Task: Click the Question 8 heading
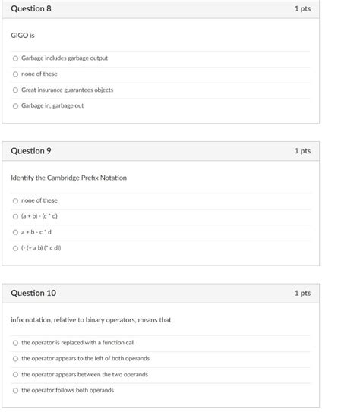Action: coord(31,9)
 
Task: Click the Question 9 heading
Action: coord(31,151)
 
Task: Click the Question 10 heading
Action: coord(33,293)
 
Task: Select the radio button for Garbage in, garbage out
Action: coord(15,105)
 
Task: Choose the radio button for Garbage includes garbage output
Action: coord(15,58)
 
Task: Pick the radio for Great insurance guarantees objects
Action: coord(15,90)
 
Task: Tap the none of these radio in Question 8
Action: coord(15,74)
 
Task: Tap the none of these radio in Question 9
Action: coord(15,200)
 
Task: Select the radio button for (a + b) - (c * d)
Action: coord(15,216)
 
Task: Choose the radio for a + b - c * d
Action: coord(15,232)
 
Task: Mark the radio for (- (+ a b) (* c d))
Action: coord(15,247)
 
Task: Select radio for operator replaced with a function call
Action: coord(15,343)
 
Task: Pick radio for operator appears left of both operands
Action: coord(15,358)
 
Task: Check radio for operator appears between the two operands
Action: coord(15,374)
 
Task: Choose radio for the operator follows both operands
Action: coord(15,390)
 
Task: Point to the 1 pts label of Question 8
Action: coord(302,9)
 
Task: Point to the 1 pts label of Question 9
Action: coord(302,151)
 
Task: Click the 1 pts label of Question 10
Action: coord(302,293)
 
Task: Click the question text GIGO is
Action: coord(23,36)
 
